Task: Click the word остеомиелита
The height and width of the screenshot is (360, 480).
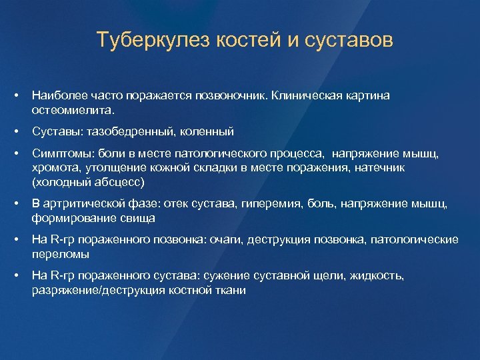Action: pos(73,109)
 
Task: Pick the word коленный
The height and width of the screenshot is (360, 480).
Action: pos(209,132)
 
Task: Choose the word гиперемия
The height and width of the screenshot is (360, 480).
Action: pos(274,204)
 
